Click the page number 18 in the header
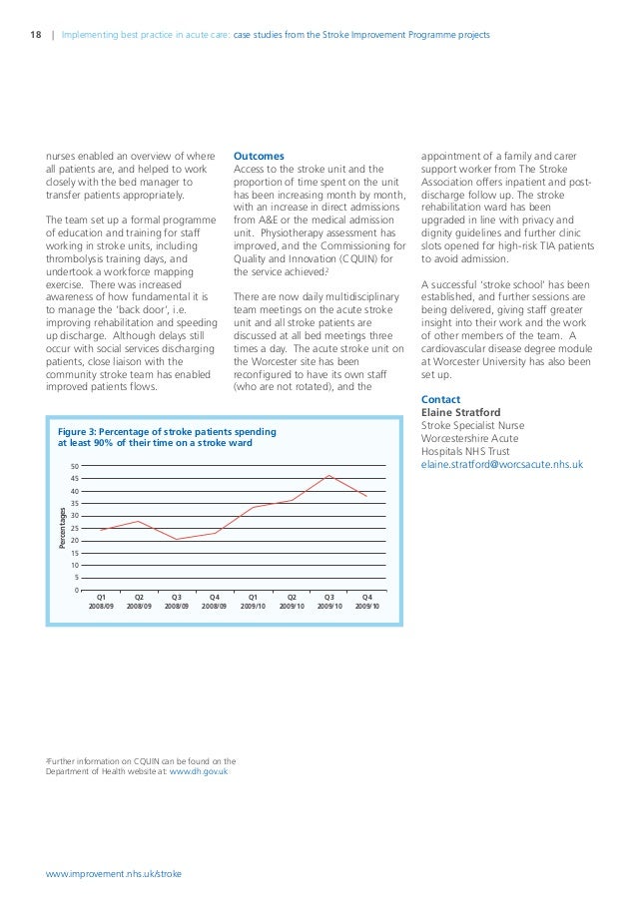coord(36,38)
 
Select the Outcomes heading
coord(258,157)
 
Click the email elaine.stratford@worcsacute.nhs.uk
coord(502,464)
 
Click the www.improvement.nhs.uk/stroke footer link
coord(115,873)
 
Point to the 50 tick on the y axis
coord(75,467)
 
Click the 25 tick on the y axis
coord(75,528)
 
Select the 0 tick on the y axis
coord(77,590)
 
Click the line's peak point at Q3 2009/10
coord(328,476)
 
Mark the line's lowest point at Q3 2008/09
coord(177,540)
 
